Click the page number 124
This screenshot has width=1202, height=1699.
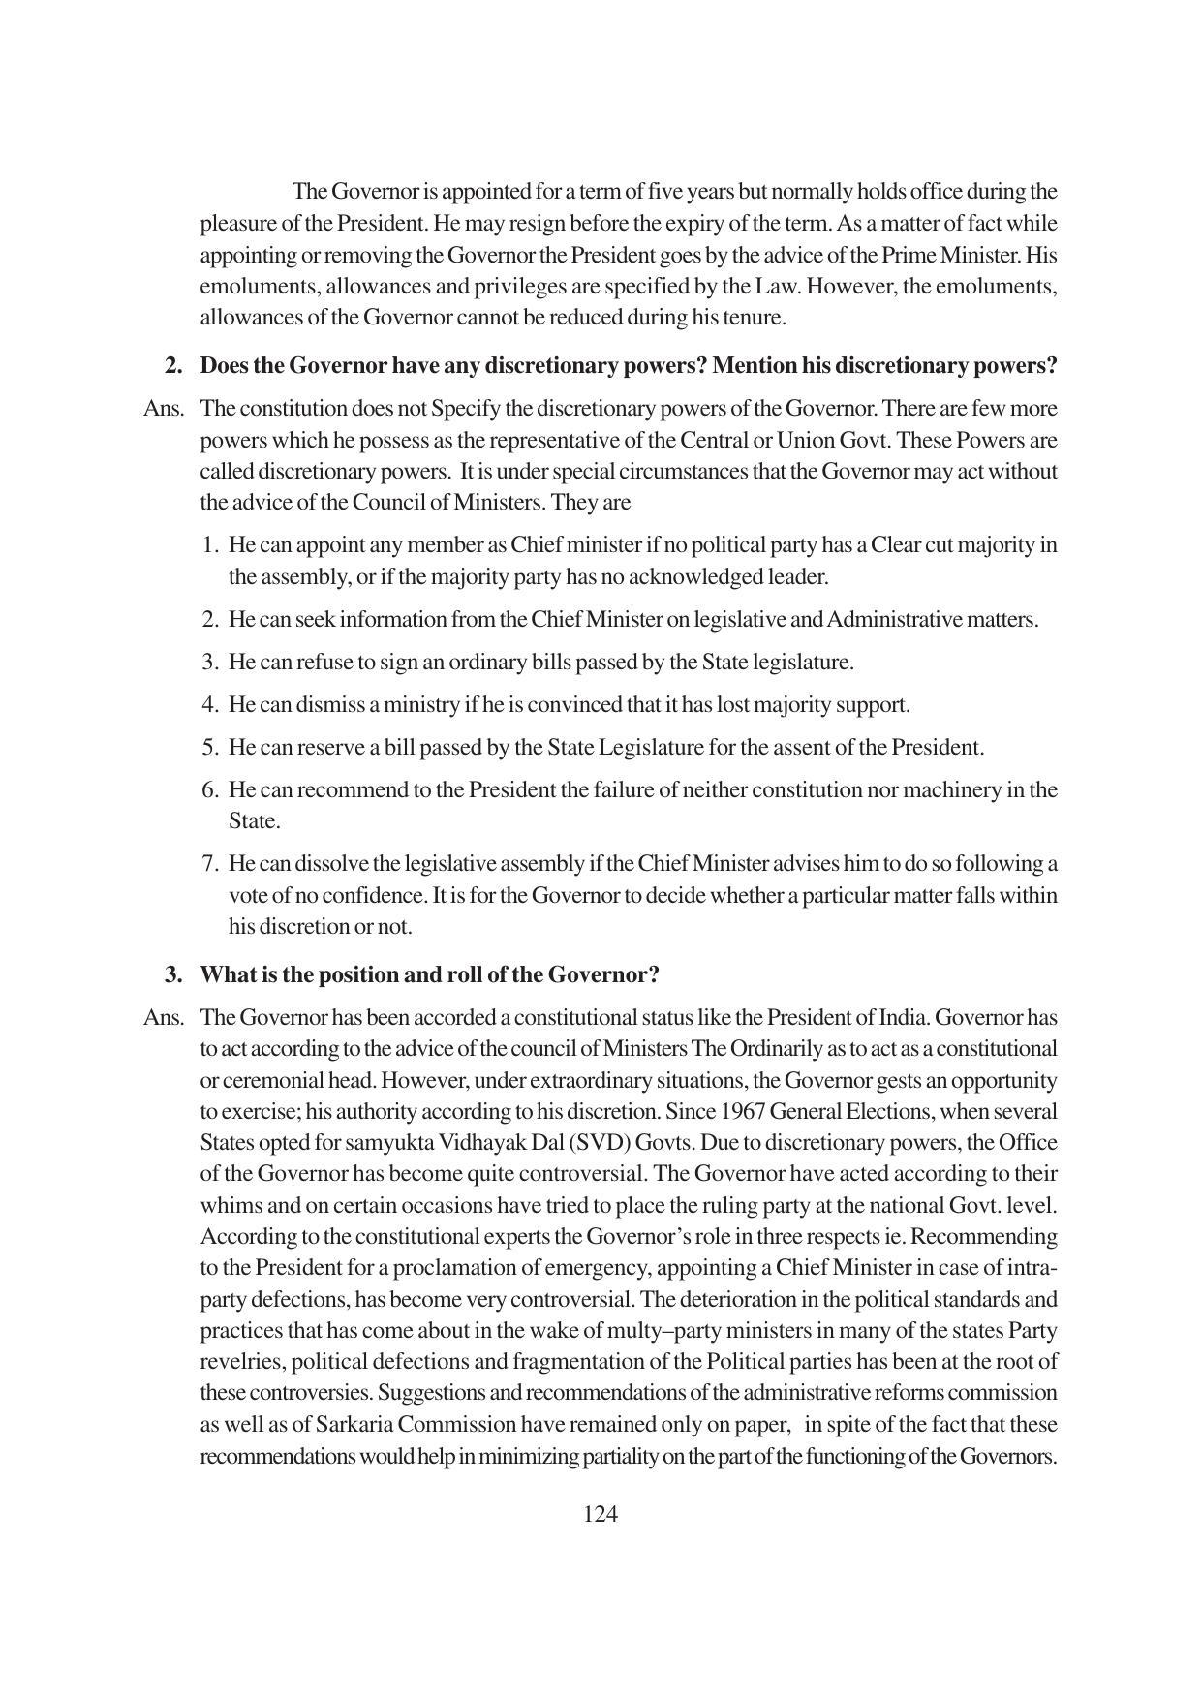601,1514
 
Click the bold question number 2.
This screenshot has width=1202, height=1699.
174,366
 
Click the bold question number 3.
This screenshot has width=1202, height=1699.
174,974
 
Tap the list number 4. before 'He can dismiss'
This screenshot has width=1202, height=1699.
211,705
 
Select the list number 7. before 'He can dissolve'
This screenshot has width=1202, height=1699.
211,864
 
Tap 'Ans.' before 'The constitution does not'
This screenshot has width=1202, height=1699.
163,409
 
